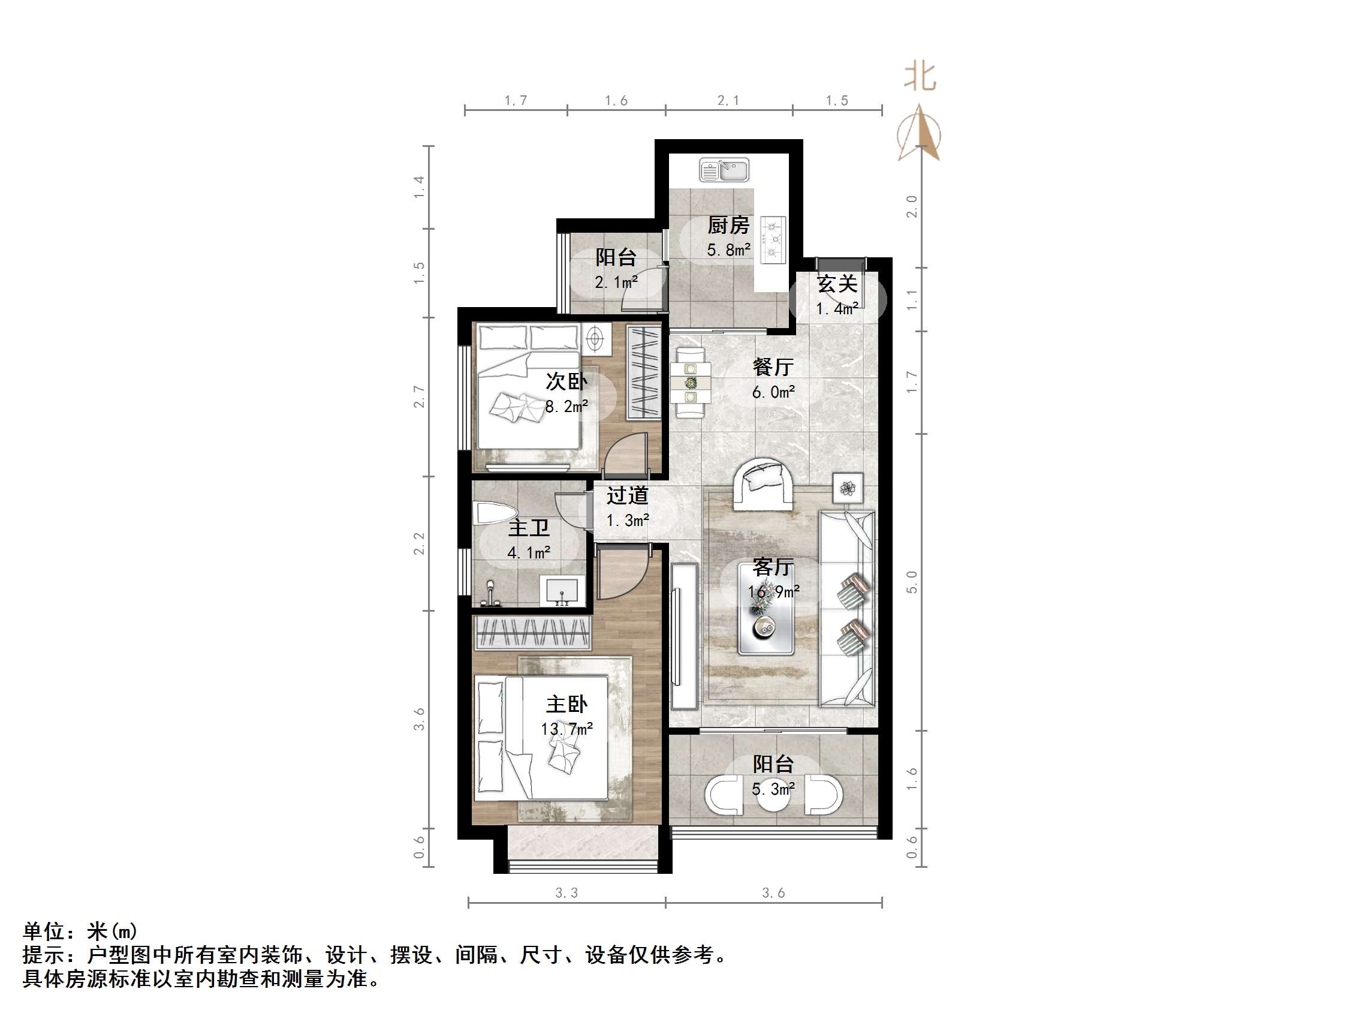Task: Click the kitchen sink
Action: click(x=724, y=170)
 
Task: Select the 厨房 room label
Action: click(x=728, y=226)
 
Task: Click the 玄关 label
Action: click(x=837, y=284)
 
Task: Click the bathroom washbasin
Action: click(x=562, y=590)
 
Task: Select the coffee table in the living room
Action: click(x=766, y=609)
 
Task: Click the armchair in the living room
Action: click(x=764, y=485)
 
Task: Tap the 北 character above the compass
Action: click(x=920, y=77)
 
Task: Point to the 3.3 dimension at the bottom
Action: click(x=566, y=892)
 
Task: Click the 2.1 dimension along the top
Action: click(x=728, y=100)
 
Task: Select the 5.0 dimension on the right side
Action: click(x=912, y=582)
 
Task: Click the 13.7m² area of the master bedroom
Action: click(x=566, y=729)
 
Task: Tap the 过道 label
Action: click(x=627, y=495)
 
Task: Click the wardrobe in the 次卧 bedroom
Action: click(x=644, y=372)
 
